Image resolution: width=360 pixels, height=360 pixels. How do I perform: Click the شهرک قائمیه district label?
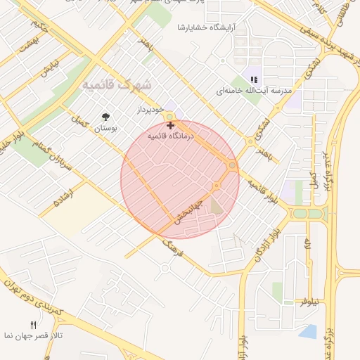coord(117,84)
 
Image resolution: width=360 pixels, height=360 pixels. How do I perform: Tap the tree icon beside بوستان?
coord(106,117)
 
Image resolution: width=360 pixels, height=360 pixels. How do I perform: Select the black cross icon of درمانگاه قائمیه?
coord(171,124)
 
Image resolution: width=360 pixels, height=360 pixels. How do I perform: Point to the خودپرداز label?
coord(150,111)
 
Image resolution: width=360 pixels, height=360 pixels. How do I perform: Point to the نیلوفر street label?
coord(310,301)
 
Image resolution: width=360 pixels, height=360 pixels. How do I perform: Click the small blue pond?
coord(307,330)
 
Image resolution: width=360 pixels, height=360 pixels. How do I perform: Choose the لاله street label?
coord(308,244)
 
